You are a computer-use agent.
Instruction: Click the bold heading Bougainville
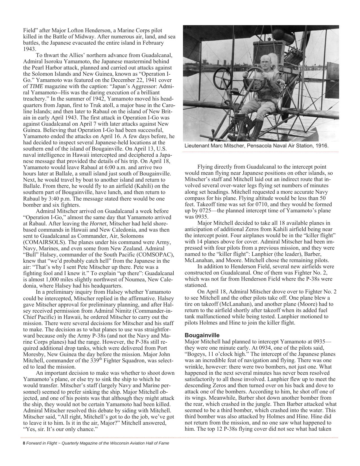click(202, 335)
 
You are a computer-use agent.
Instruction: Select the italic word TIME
click(36, 86)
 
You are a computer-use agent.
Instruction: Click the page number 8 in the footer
click(24, 443)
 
